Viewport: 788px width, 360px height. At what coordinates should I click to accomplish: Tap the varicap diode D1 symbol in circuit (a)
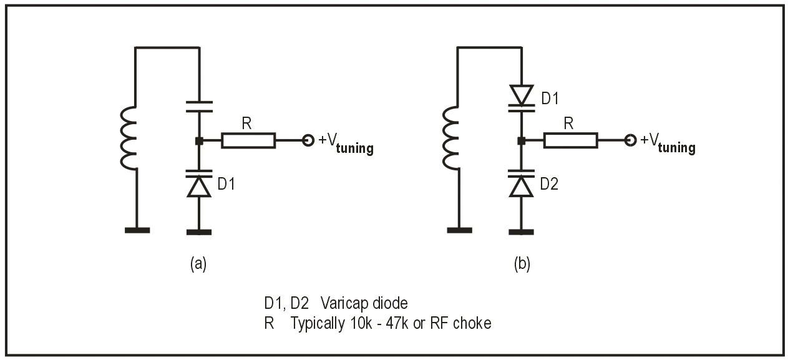[199, 185]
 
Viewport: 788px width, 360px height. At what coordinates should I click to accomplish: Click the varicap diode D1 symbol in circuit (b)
[521, 97]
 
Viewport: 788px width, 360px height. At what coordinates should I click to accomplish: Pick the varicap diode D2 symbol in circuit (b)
[521, 184]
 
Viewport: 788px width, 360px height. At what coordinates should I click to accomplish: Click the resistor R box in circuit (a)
[248, 140]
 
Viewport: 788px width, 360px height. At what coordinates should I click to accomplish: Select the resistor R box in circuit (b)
[570, 140]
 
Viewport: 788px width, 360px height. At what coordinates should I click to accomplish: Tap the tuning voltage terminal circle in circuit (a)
[308, 140]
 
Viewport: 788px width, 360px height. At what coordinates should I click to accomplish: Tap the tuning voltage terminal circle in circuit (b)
[630, 140]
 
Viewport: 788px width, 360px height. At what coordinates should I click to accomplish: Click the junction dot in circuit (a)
[199, 141]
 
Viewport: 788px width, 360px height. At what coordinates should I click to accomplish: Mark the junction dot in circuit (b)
[521, 141]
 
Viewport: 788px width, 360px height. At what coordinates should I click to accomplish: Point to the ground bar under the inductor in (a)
[137, 230]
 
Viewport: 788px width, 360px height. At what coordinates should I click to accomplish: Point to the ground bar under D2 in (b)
[521, 232]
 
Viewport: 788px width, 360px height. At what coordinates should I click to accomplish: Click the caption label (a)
[198, 264]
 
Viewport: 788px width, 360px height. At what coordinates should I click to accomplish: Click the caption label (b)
[521, 264]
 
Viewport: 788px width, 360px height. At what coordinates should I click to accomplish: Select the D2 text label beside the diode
[550, 184]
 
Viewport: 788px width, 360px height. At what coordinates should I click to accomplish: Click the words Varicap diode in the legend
[364, 304]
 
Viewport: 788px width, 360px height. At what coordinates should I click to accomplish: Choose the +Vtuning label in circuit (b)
[668, 142]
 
